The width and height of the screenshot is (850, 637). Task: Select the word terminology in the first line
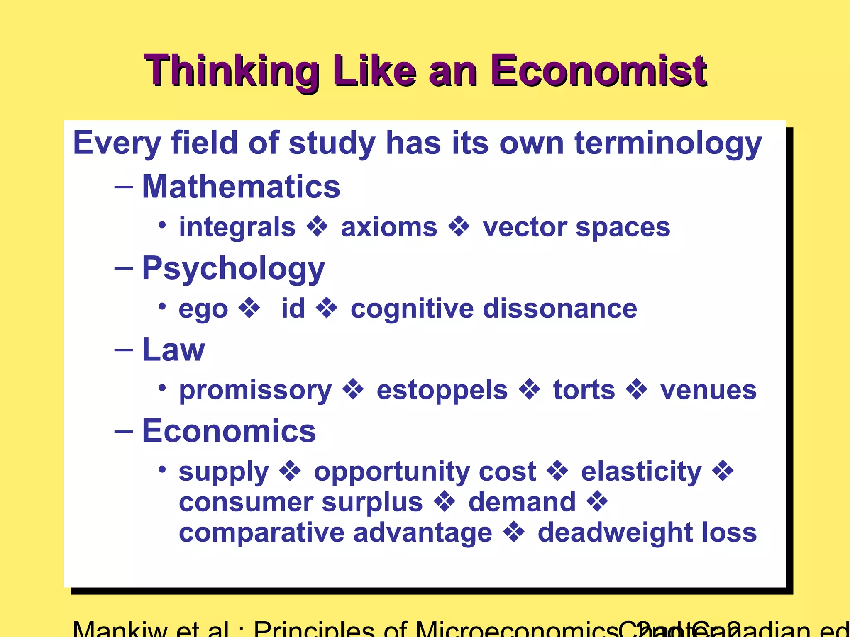pos(668,143)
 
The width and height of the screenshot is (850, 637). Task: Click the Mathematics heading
pos(241,187)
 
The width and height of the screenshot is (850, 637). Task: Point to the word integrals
pos(237,227)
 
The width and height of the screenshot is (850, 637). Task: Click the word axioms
pos(389,227)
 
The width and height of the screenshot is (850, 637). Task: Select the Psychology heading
pos(233,269)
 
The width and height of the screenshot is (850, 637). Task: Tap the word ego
pos(203,309)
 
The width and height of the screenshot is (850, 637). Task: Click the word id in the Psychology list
pos(293,308)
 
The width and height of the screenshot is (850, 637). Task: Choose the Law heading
pos(173,350)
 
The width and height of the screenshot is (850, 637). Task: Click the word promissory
pos(255,390)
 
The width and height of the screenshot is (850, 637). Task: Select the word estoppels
pos(442,390)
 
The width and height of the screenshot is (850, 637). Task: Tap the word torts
pos(584,390)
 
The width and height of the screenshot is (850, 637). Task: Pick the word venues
pos(708,390)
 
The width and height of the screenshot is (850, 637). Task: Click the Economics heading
pos(229,431)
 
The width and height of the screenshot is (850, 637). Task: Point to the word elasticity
pos(641,472)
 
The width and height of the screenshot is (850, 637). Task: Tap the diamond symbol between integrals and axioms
pos(318,227)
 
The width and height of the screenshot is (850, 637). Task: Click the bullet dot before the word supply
pos(162,470)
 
